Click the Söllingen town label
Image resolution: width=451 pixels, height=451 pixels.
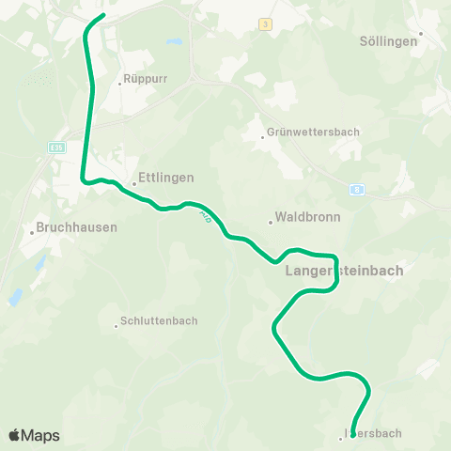[x=388, y=41]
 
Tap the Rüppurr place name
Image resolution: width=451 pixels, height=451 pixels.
[x=146, y=81]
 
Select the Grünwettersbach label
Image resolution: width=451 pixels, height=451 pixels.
[x=313, y=132]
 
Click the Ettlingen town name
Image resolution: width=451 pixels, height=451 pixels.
[x=165, y=177]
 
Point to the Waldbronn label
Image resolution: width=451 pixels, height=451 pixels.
[x=308, y=216]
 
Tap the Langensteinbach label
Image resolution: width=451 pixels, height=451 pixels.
[x=343, y=271]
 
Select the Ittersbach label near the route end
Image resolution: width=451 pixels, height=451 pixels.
[x=374, y=433]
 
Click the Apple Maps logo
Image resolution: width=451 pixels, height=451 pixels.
[x=34, y=435]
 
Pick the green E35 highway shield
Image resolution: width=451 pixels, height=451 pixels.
[x=56, y=147]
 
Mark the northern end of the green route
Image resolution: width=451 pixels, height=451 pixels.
[x=102, y=16]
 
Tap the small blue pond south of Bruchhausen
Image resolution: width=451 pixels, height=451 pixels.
[x=15, y=298]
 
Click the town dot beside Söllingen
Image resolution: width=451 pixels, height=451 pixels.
[x=422, y=33]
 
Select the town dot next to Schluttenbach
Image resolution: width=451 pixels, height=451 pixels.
[x=117, y=326]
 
